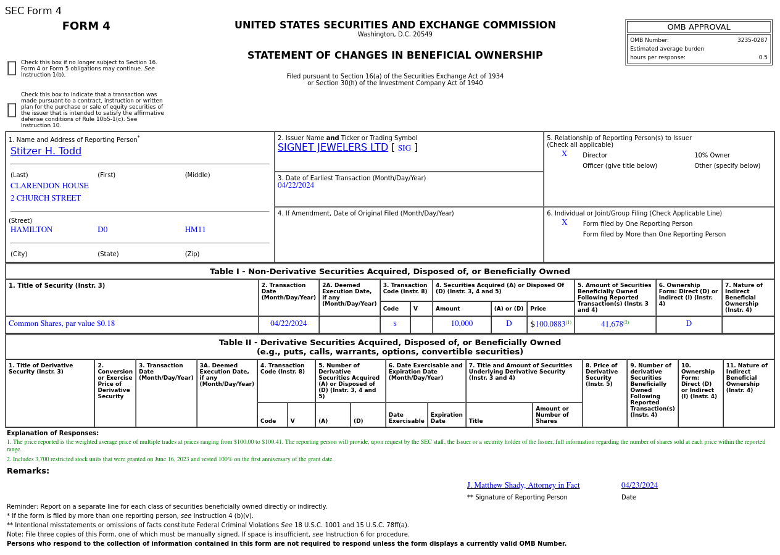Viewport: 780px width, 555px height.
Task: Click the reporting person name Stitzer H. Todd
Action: tap(46, 151)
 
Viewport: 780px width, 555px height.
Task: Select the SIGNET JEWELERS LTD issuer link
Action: tap(333, 148)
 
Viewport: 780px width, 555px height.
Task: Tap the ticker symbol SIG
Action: tap(404, 148)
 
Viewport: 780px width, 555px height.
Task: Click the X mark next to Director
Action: tap(564, 154)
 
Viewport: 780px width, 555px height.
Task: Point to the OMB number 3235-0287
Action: tap(752, 40)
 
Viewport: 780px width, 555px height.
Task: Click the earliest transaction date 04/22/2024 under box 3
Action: tap(296, 185)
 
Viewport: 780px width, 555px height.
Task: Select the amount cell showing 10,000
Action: tap(462, 323)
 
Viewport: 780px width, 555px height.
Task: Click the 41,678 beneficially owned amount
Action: tap(612, 324)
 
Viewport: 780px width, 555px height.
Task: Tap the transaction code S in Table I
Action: tap(395, 324)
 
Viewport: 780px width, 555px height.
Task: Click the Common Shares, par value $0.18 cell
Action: tap(62, 323)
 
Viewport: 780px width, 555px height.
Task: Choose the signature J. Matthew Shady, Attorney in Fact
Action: tap(523, 485)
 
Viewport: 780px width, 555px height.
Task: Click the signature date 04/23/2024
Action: tap(639, 485)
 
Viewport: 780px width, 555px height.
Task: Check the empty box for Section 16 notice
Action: tap(12, 69)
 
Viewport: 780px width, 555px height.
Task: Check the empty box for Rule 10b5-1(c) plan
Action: tap(12, 110)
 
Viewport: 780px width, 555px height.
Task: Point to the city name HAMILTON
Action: tap(31, 230)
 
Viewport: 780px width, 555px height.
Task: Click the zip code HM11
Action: tap(195, 230)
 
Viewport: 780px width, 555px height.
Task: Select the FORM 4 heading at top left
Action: tap(86, 26)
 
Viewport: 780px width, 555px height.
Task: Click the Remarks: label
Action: tap(28, 471)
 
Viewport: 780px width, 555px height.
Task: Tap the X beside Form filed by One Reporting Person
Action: tap(564, 222)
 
